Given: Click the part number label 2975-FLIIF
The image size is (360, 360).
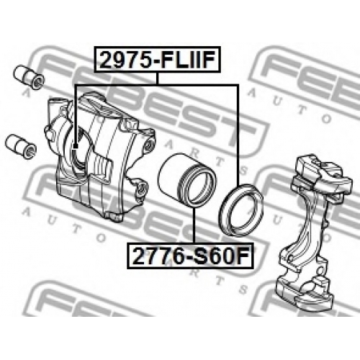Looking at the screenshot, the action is point(157,60).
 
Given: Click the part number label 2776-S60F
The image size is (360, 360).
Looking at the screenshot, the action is point(190,256).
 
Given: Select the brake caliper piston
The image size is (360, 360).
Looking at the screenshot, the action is point(186,180).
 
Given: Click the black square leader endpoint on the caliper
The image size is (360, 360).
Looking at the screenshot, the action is point(76,146).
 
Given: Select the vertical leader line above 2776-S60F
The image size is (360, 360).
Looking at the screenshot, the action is point(194,225).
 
